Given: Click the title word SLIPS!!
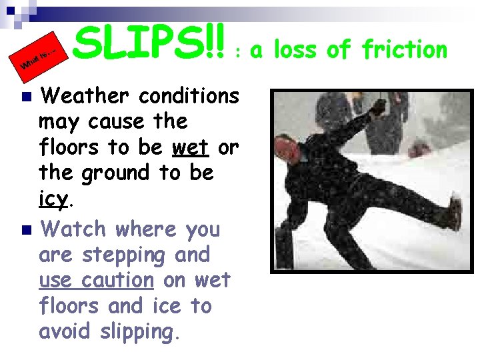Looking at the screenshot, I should coord(150,39).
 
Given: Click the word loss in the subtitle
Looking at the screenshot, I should coord(309,49).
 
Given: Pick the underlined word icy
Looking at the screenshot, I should coord(54,199).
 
